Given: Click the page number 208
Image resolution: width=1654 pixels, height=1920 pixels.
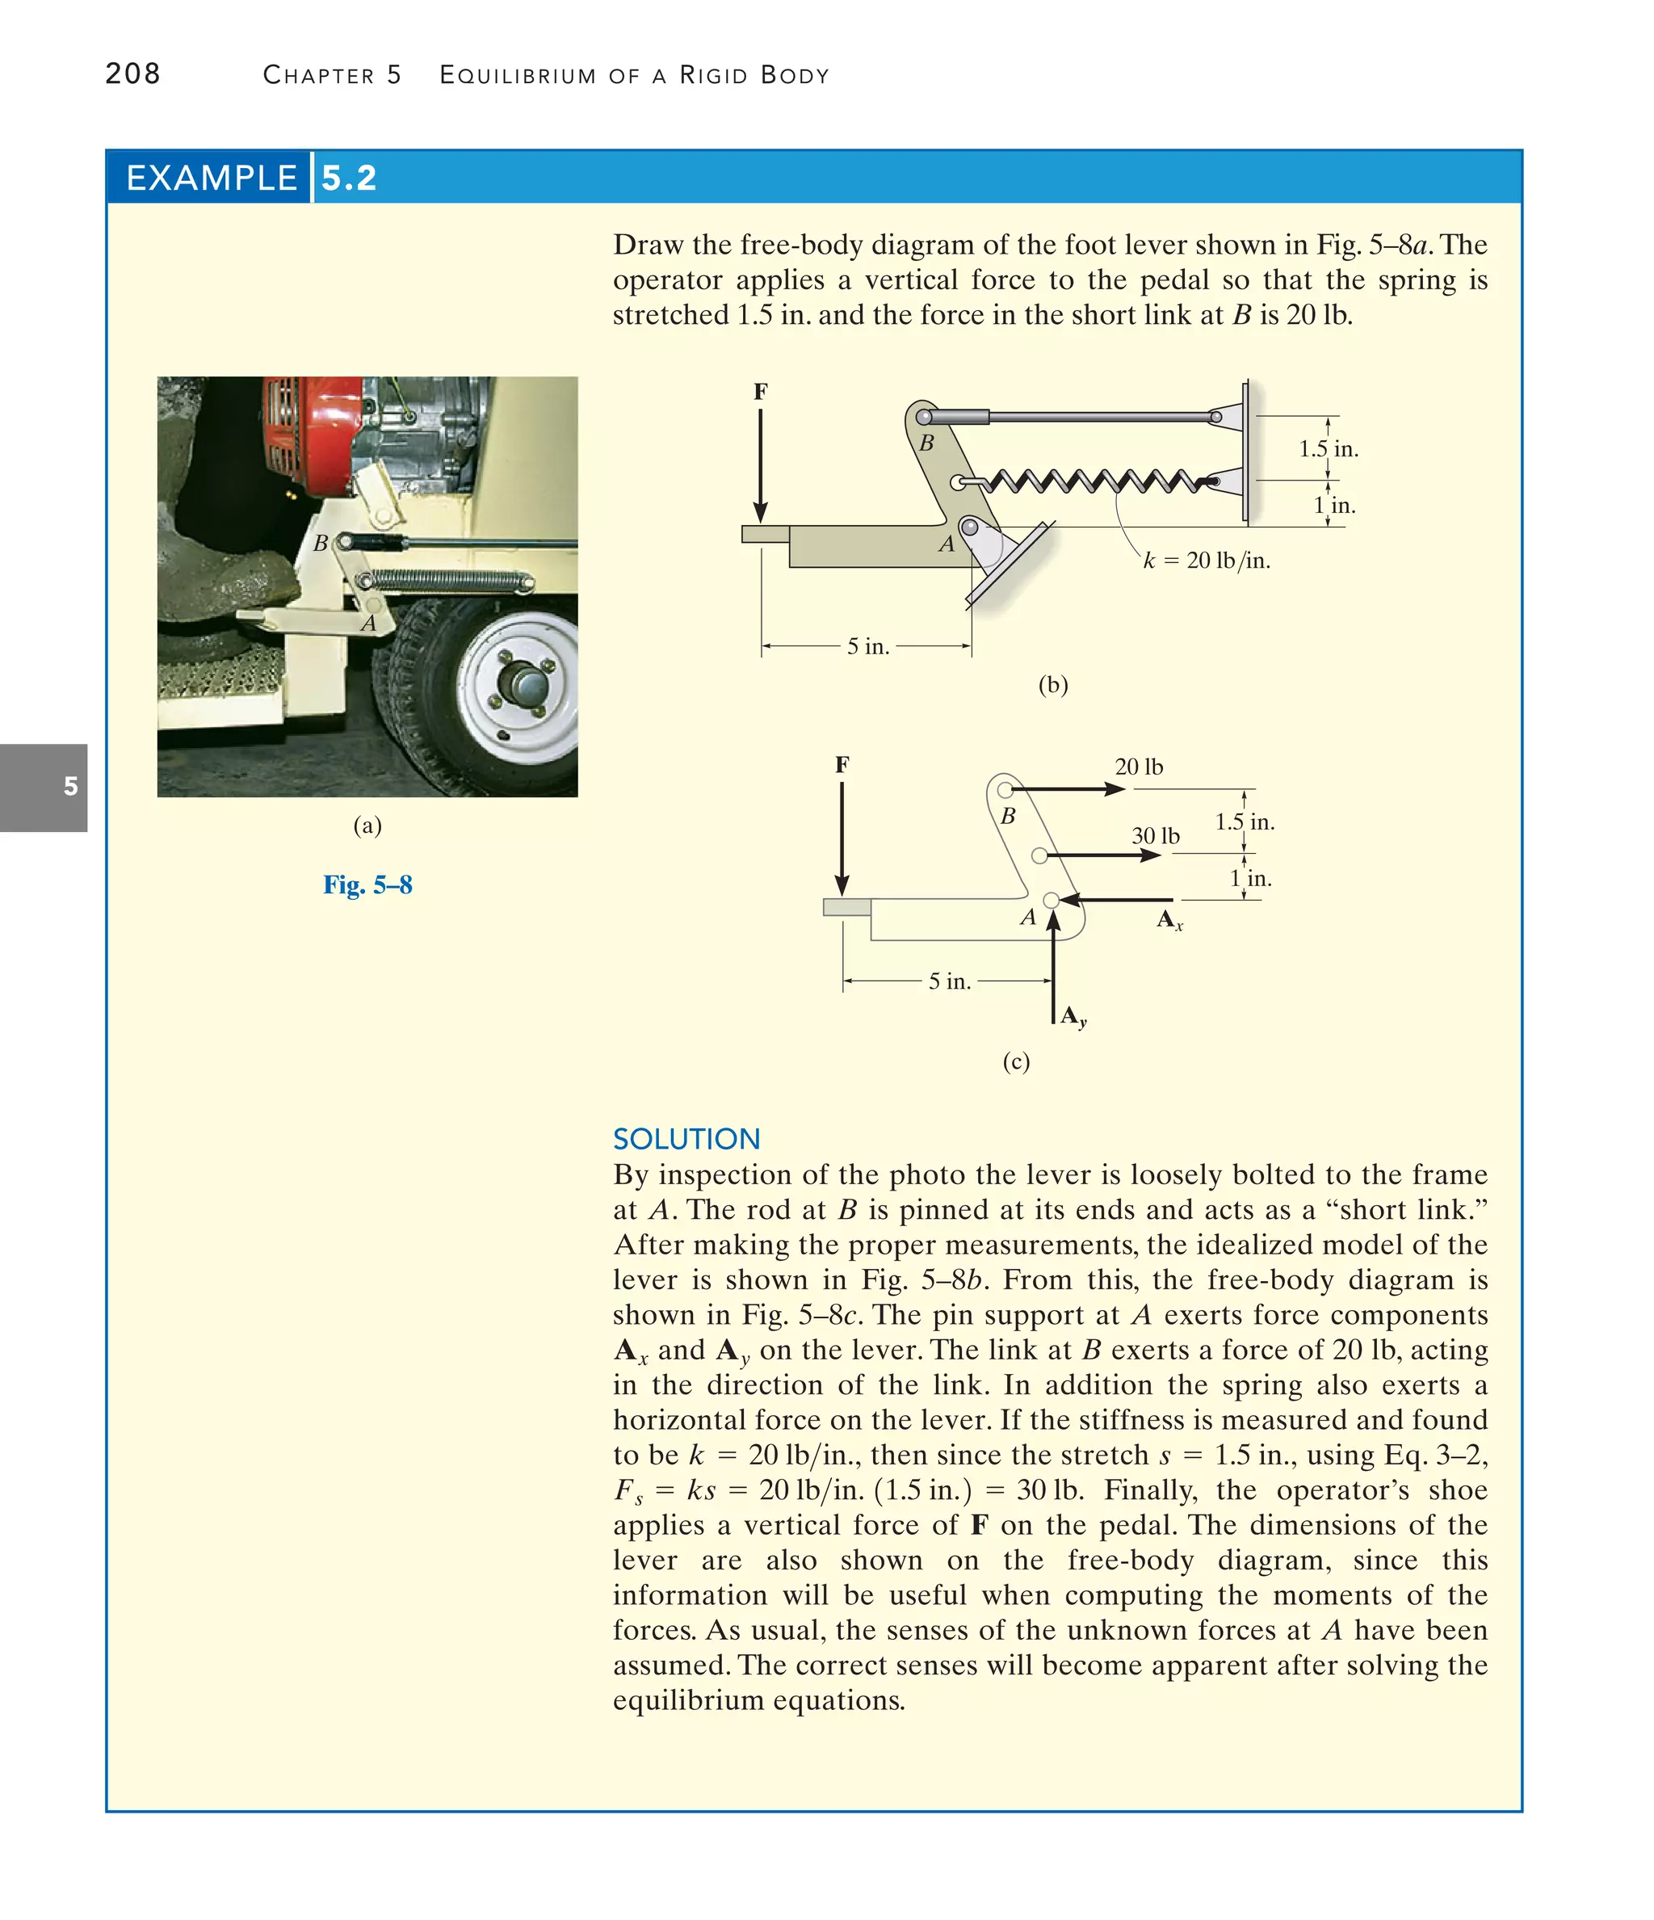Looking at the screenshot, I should [x=132, y=74].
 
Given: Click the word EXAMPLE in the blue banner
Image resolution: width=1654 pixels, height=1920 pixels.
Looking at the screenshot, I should [x=212, y=178].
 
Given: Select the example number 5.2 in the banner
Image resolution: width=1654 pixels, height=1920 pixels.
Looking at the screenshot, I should [x=350, y=178].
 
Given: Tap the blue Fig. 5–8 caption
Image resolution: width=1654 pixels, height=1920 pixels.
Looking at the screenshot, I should [x=367, y=885].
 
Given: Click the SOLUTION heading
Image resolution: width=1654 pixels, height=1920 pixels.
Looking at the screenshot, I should [x=686, y=1139].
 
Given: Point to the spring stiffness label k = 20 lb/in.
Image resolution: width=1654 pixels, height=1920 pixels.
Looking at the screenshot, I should [x=1206, y=561].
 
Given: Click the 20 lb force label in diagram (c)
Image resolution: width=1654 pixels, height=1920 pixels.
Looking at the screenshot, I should [x=1138, y=767].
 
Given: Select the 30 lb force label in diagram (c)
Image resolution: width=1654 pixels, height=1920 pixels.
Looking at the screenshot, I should [x=1155, y=836].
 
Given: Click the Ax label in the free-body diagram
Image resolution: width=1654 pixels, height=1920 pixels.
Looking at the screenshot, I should [x=1169, y=921].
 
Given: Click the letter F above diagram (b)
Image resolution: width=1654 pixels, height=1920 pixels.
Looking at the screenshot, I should [x=760, y=392].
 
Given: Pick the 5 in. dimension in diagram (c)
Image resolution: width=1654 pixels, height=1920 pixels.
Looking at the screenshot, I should [x=949, y=981].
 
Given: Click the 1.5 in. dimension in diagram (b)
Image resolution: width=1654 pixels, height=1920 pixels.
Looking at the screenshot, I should [x=1327, y=449].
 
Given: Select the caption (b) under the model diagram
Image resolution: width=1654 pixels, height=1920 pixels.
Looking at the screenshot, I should [x=1052, y=685].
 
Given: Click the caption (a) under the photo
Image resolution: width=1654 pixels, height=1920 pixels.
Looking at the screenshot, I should [x=367, y=826].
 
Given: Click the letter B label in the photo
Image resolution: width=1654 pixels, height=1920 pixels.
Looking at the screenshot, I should [x=321, y=544].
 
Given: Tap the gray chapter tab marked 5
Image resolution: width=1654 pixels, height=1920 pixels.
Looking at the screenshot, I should [x=44, y=787].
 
